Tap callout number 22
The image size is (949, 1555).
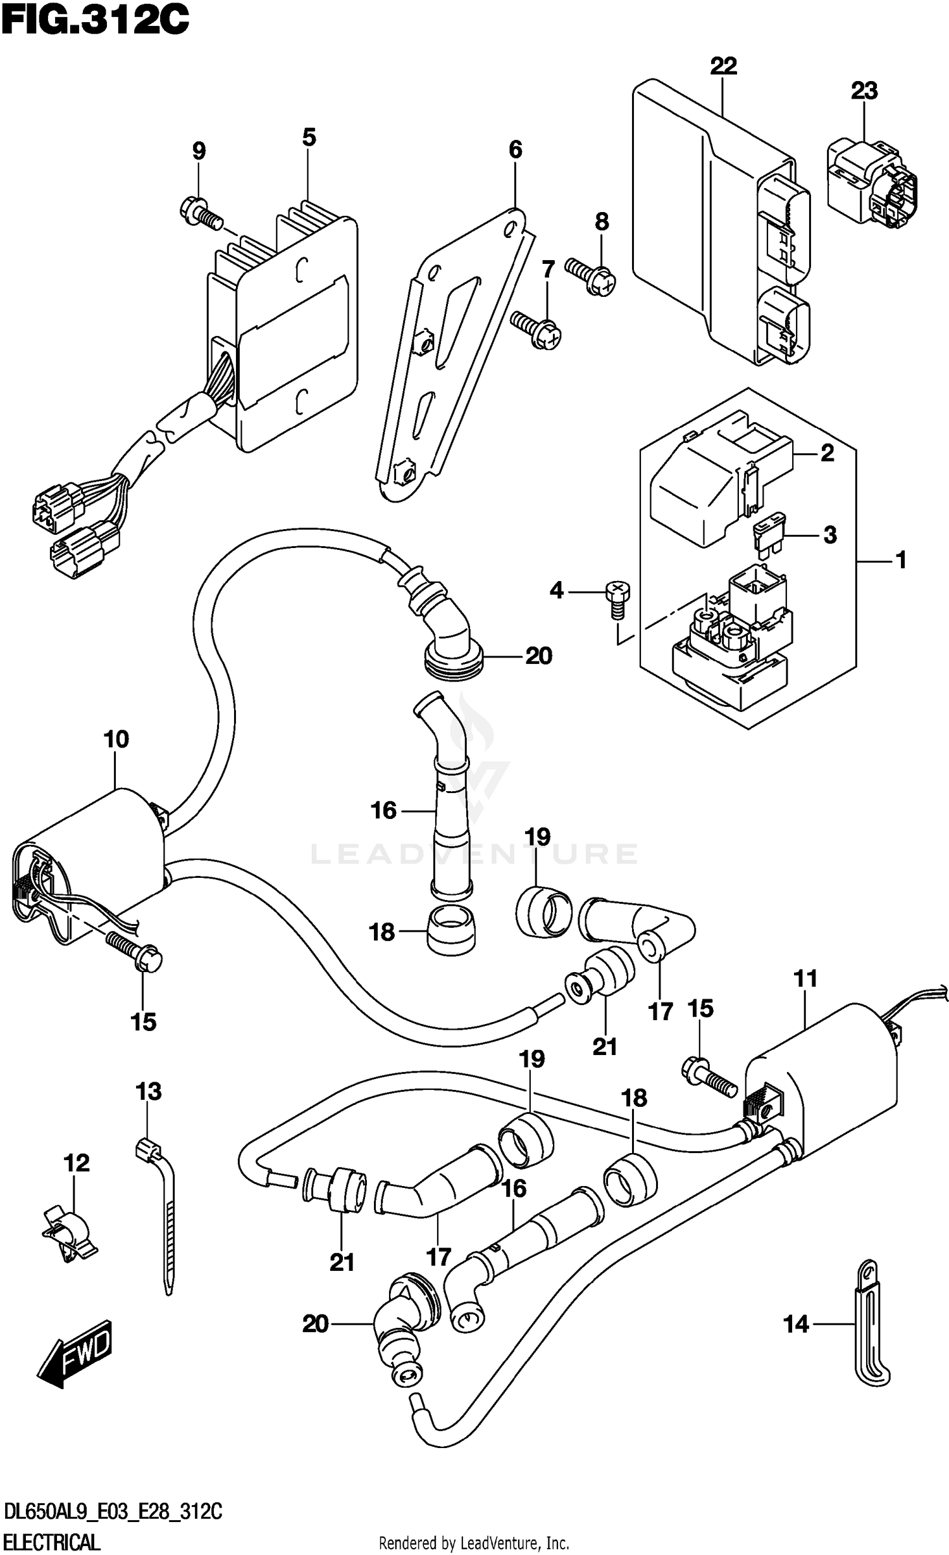(723, 66)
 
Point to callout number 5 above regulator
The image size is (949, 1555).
(309, 137)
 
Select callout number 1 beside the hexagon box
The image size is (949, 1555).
(902, 560)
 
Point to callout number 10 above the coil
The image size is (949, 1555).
(116, 739)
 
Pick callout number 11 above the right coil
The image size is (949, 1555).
(805, 978)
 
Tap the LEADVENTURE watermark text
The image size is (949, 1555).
(475, 854)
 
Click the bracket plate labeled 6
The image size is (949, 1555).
(452, 354)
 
